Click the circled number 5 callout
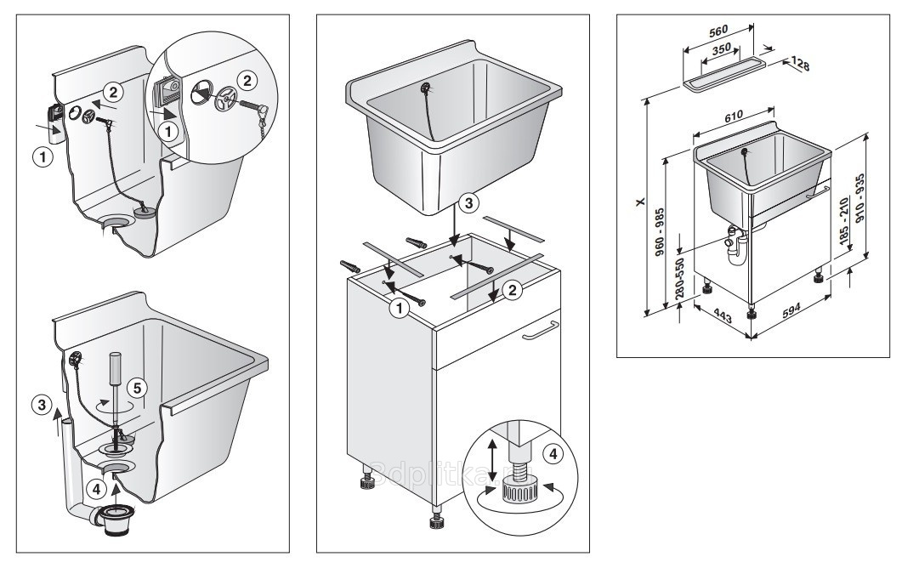[134, 389]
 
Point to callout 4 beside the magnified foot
[553, 454]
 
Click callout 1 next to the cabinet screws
[396, 309]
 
